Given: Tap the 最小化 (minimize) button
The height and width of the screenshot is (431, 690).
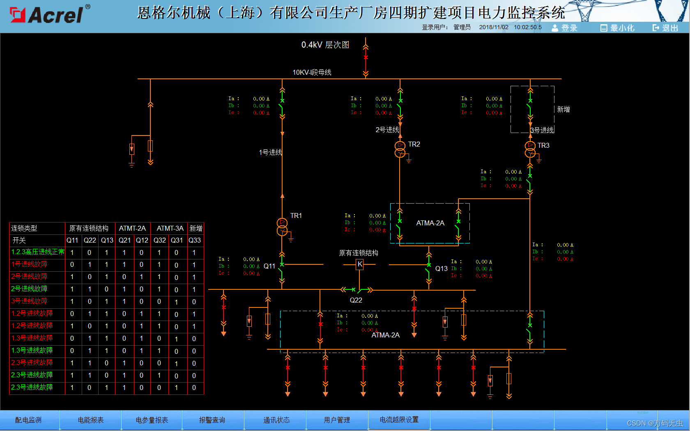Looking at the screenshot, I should pyautogui.click(x=617, y=28).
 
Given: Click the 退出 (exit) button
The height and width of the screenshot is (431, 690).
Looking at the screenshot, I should pyautogui.click(x=665, y=28).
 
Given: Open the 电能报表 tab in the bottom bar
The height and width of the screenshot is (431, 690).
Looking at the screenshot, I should pyautogui.click(x=91, y=420).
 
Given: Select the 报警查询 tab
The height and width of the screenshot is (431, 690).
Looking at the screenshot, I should pyautogui.click(x=212, y=420).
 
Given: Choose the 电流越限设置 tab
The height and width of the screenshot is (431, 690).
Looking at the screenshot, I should pyautogui.click(x=399, y=420).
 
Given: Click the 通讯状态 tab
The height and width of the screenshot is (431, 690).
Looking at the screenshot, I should pyautogui.click(x=276, y=420).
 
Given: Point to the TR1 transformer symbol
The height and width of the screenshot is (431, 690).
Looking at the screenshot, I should pyautogui.click(x=282, y=227).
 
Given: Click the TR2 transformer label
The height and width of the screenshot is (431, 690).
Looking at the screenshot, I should pyautogui.click(x=414, y=144).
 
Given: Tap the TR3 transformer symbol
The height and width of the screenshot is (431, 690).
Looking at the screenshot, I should pyautogui.click(x=530, y=149).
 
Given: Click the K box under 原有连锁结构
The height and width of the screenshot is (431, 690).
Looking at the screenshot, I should pyautogui.click(x=360, y=264).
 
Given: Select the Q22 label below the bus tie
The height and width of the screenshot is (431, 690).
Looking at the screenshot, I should pyautogui.click(x=356, y=300).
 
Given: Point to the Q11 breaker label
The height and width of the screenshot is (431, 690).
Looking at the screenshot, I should pyautogui.click(x=269, y=266).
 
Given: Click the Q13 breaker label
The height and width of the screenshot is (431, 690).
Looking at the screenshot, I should pyautogui.click(x=442, y=268).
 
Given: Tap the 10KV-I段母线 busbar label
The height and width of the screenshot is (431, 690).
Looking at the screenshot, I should pyautogui.click(x=312, y=72).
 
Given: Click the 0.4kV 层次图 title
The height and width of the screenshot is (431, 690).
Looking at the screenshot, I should pyautogui.click(x=325, y=45).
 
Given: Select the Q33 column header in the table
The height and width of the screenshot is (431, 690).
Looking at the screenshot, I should pyautogui.click(x=195, y=240).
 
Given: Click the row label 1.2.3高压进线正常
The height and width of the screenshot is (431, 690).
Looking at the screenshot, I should pyautogui.click(x=38, y=252).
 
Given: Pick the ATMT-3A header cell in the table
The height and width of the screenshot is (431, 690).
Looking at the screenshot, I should pyautogui.click(x=170, y=228).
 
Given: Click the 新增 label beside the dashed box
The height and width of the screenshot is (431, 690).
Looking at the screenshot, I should pyautogui.click(x=563, y=109).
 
